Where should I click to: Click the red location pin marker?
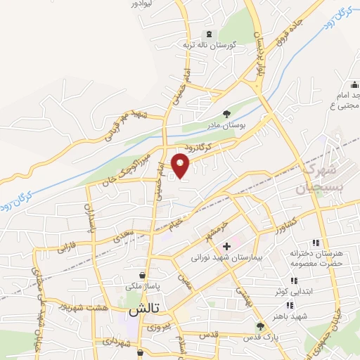click(x=181, y=165)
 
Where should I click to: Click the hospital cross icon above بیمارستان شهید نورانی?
click(x=226, y=247)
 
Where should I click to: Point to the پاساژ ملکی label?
click(x=143, y=287)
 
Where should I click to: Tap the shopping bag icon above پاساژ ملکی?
click(x=143, y=276)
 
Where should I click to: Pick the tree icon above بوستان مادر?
click(x=226, y=113)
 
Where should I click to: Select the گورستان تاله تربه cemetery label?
click(x=207, y=44)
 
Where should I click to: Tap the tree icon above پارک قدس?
click(x=260, y=327)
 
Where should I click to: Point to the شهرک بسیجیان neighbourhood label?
click(x=322, y=179)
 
